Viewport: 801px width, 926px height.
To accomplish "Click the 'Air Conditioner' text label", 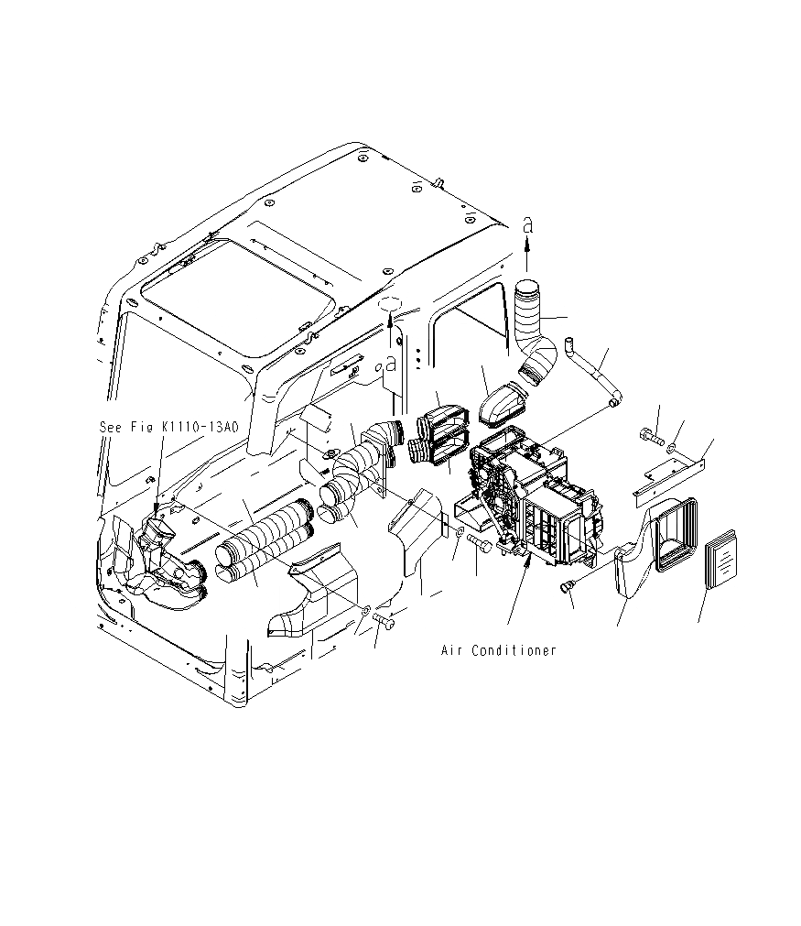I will click(x=498, y=650).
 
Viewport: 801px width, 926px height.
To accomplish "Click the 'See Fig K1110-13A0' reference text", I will click(x=168, y=426).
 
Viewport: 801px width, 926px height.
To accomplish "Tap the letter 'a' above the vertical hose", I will click(x=526, y=224).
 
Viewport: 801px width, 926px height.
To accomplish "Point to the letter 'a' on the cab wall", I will click(x=391, y=363).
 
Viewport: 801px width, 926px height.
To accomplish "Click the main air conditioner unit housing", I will click(x=536, y=499).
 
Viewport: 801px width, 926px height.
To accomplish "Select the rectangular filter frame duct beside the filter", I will click(x=675, y=530).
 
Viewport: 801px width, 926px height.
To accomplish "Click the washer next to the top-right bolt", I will click(x=672, y=447).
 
